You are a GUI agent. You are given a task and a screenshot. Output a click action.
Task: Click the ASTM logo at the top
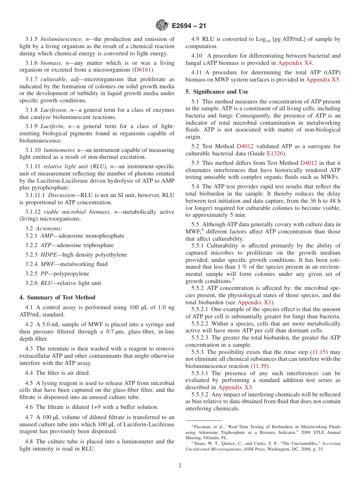click(162, 26)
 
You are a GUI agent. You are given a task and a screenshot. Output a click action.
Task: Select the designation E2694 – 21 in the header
click(189, 26)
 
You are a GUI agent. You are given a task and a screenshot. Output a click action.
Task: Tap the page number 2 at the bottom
click(180, 465)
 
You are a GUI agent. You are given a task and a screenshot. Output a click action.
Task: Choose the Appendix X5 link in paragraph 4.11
click(322, 80)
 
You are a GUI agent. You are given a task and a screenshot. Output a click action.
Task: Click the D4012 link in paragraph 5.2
click(245, 146)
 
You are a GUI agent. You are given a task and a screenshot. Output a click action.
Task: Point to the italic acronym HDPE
click(48, 255)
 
